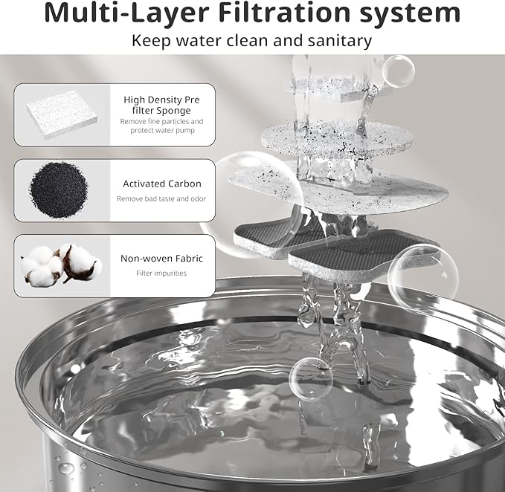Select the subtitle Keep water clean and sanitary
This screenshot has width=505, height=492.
coord(252,40)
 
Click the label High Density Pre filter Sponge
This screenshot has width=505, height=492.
coord(161,104)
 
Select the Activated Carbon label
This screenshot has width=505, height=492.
coord(161,184)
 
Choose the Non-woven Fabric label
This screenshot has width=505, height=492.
coord(161,259)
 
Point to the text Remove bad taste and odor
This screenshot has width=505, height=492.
coord(161,198)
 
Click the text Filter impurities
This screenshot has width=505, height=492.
coord(161,273)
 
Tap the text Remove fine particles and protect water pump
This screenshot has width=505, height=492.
coord(161,126)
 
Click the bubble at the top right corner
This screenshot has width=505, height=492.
coord(398,71)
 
